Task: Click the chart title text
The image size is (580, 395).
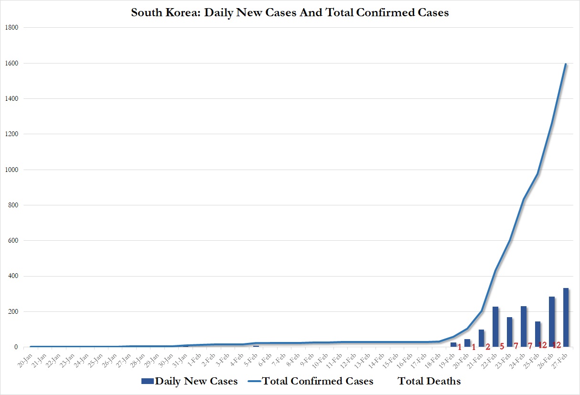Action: coord(290,13)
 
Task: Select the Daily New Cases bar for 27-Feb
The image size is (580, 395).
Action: coord(566,318)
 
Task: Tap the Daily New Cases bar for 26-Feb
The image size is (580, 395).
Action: coord(552,322)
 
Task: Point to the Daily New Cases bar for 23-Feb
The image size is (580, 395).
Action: coord(510,332)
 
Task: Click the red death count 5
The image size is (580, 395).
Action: coord(502,346)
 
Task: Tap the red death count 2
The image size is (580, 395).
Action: coord(488,347)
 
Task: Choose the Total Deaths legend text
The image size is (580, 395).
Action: coord(429,381)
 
